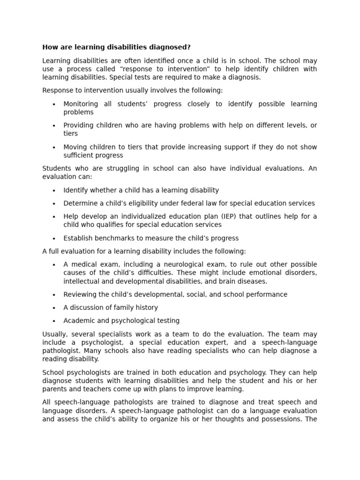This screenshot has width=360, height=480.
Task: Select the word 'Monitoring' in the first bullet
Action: coord(81,104)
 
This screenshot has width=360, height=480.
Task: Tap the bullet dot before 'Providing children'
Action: coord(54,126)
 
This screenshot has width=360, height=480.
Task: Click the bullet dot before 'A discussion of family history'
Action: coord(54,308)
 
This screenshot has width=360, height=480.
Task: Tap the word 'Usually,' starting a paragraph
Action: coord(55,334)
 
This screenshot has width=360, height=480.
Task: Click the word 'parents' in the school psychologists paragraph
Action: coord(55,389)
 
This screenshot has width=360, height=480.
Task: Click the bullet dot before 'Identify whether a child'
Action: coord(54,191)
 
